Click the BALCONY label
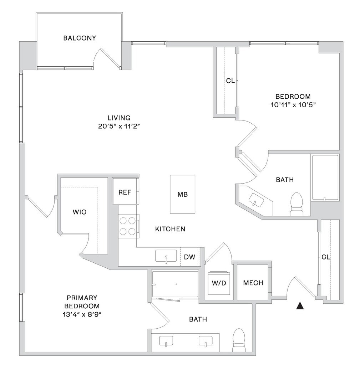click(80, 38)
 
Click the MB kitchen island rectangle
click(182, 194)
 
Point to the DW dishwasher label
click(189, 257)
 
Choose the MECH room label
click(253, 283)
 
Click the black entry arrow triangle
click(300, 305)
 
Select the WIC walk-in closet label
click(79, 212)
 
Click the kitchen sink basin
click(166, 256)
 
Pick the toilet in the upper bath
click(296, 204)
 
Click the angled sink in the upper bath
click(256, 200)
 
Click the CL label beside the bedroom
click(230, 81)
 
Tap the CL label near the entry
click(325, 257)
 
